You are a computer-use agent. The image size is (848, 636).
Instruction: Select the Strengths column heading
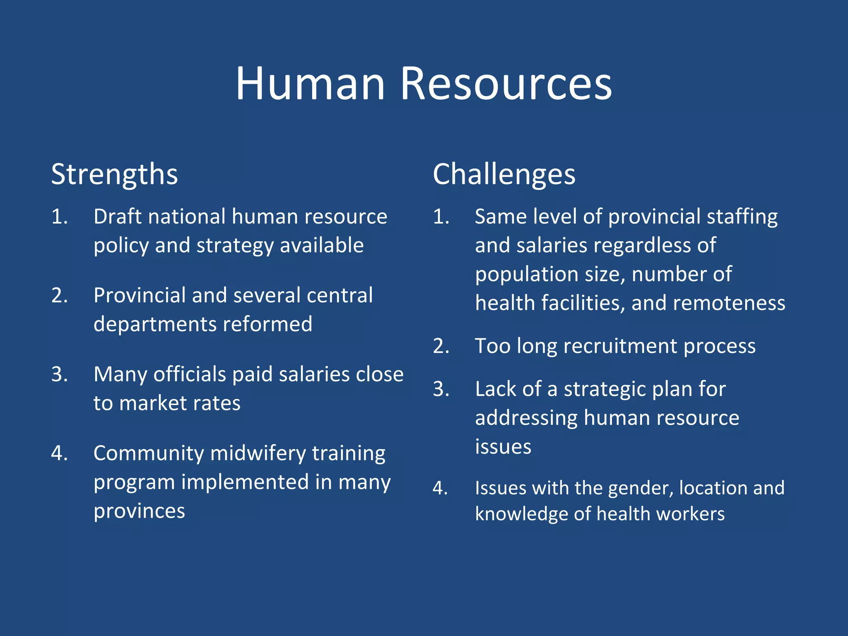[114, 174]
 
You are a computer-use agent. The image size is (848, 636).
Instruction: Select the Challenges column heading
[504, 174]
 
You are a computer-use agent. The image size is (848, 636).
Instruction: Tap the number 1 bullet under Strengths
[59, 217]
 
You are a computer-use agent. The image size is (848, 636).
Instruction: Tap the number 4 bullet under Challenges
[440, 488]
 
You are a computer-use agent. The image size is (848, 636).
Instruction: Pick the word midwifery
[258, 453]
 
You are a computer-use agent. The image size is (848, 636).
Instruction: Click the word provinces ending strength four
[139, 511]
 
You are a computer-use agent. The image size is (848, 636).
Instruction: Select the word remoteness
[729, 303]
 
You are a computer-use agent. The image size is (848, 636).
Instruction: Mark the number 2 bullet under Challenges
[441, 346]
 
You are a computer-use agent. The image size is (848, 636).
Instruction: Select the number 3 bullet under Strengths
[59, 374]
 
